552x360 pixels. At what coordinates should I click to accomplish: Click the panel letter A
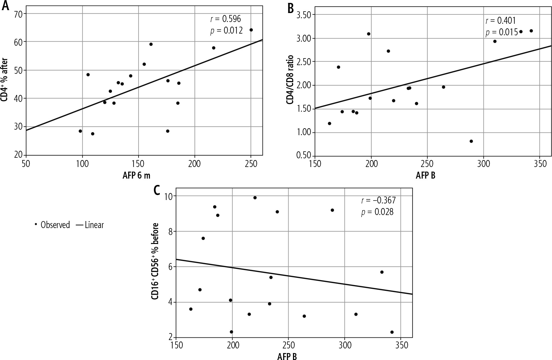pyautogui.click(x=5, y=6)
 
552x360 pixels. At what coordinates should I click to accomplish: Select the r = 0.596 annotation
pyautogui.click(x=225, y=19)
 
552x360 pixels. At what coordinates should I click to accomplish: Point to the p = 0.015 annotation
pyautogui.click(x=501, y=32)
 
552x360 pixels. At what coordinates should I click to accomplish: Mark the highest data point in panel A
pyautogui.click(x=251, y=30)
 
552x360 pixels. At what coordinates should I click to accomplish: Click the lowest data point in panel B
pyautogui.click(x=471, y=141)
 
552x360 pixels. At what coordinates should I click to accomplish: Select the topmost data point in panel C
pyautogui.click(x=255, y=198)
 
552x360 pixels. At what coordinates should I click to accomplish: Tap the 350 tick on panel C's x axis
pyautogui.click(x=400, y=346)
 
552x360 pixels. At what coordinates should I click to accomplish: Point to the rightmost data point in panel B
pyautogui.click(x=531, y=31)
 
